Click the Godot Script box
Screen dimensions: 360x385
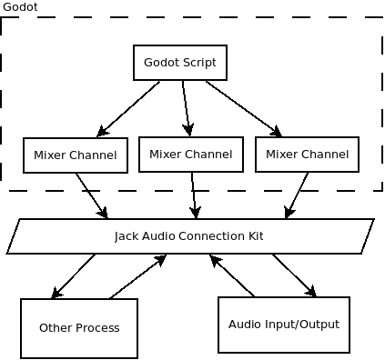180,63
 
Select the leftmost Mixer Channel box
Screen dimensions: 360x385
75,155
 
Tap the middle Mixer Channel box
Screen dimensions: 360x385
190,154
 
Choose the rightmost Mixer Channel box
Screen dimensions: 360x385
307,154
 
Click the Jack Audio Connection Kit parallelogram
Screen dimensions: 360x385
190,236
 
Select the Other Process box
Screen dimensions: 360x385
79,327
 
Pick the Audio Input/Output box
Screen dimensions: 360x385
283,324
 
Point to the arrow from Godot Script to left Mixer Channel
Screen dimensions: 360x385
129,108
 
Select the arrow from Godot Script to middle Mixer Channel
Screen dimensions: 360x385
187,108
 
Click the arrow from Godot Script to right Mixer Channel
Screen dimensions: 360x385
243,107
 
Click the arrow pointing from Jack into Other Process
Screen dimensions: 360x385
74,275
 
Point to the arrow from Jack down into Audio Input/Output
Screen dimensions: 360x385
293,275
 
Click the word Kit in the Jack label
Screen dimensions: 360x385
255,236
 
